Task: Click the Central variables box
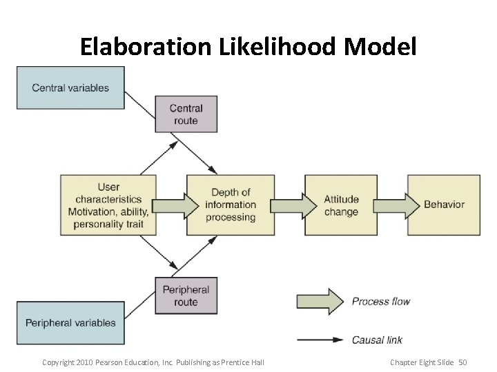pos(70,87)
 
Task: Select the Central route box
pos(186,114)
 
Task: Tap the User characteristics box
pos(108,205)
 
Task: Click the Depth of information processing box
pos(231,205)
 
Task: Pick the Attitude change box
pos(341,205)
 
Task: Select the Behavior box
pos(444,205)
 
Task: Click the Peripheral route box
pos(186,296)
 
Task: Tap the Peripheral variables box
pos(70,322)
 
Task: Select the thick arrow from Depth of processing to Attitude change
pos(290,205)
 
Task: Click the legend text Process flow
pos(380,301)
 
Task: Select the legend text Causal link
pos(377,340)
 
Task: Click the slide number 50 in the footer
pos(462,362)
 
